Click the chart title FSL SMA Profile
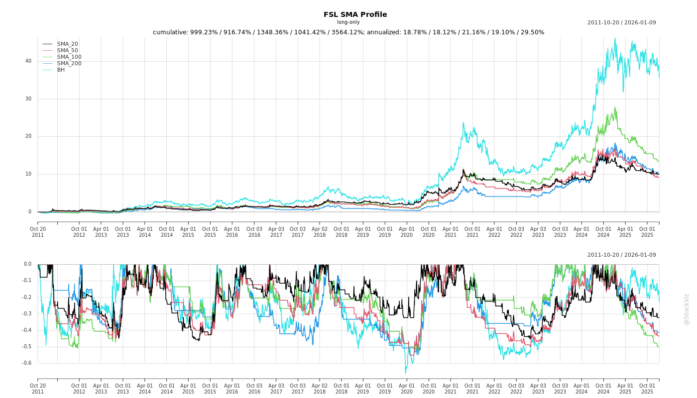355,14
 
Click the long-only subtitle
348,22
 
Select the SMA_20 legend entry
67,44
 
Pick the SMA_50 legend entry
67,51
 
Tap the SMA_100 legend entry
69,57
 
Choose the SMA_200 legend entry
69,64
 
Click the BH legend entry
61,70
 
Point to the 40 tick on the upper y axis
28,61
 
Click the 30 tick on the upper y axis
28,99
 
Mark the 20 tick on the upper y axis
28,136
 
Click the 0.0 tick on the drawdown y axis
27,264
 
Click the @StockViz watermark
687,309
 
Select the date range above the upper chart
621,22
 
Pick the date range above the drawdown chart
621,255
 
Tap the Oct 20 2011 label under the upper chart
38,232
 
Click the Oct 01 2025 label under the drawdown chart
647,389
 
